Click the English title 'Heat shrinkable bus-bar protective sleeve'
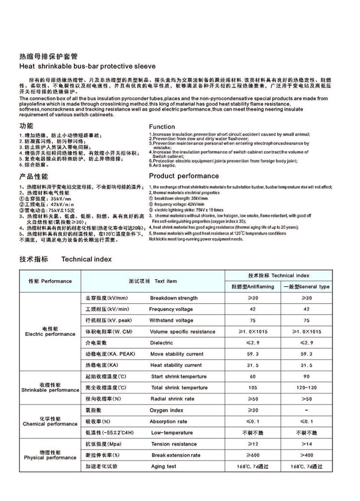click(87, 66)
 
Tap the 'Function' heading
click(162, 127)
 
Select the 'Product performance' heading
click(184, 176)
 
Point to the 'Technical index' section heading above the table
click(86, 259)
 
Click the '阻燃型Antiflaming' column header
click(252, 287)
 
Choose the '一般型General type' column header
click(306, 287)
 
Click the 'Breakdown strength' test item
click(174, 298)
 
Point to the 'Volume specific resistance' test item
click(182, 332)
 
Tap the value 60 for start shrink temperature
click(252, 376)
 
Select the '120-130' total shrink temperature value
click(306, 388)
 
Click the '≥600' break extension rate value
click(252, 455)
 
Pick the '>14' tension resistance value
click(306, 444)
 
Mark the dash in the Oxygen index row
click(306, 410)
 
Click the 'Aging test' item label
click(163, 467)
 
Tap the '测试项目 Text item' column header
click(153, 281)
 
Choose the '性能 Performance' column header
click(50, 281)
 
